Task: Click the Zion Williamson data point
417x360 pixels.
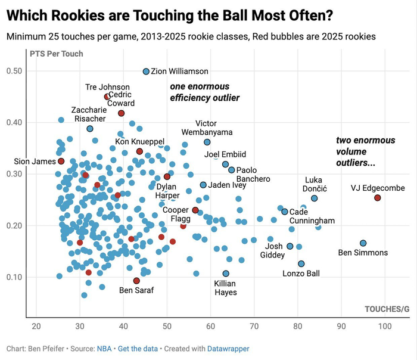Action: click(x=146, y=72)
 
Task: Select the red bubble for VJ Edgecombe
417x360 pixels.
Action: click(x=378, y=198)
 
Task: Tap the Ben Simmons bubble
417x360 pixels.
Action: click(x=363, y=243)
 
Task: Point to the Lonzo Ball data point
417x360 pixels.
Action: click(x=301, y=263)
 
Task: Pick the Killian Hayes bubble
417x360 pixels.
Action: click(x=226, y=274)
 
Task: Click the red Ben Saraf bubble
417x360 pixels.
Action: click(x=136, y=281)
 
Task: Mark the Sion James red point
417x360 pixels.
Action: click(x=61, y=161)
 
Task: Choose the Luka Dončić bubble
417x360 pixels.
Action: click(x=315, y=198)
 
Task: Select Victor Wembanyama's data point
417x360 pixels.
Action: click(x=207, y=142)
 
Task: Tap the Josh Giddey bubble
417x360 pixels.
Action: click(x=290, y=246)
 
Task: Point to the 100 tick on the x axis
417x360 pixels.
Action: click(x=385, y=327)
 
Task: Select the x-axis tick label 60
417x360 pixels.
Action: click(x=210, y=327)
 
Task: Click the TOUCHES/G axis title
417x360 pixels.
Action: click(x=387, y=309)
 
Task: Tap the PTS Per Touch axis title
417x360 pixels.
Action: click(x=57, y=54)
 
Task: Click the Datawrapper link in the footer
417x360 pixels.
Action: click(x=229, y=349)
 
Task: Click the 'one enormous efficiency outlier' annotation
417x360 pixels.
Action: click(x=204, y=92)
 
